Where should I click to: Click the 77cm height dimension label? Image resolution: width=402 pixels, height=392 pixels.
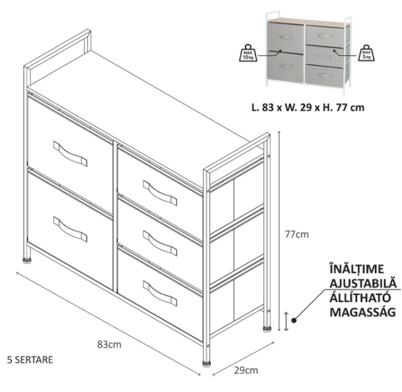297,234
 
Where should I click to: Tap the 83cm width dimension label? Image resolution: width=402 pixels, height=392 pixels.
109,345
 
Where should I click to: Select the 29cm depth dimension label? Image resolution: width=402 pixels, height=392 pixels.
246,370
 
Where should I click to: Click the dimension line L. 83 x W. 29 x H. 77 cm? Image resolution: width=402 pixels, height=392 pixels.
308,107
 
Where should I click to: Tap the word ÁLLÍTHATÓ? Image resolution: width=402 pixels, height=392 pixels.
360,297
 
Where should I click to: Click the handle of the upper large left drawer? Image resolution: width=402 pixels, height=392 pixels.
70,153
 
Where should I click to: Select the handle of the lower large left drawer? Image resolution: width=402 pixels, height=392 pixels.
70,228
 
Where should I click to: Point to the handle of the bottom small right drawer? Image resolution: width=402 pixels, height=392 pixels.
160,293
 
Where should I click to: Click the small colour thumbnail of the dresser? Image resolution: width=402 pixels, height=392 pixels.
308,52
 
